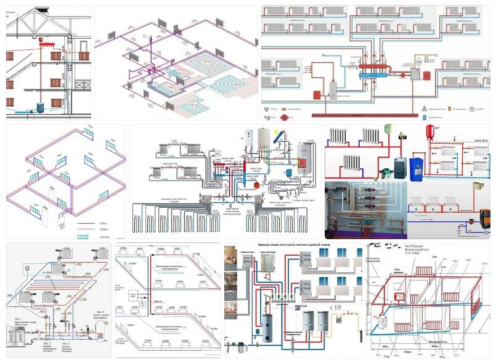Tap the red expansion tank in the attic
(x=43, y=44)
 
